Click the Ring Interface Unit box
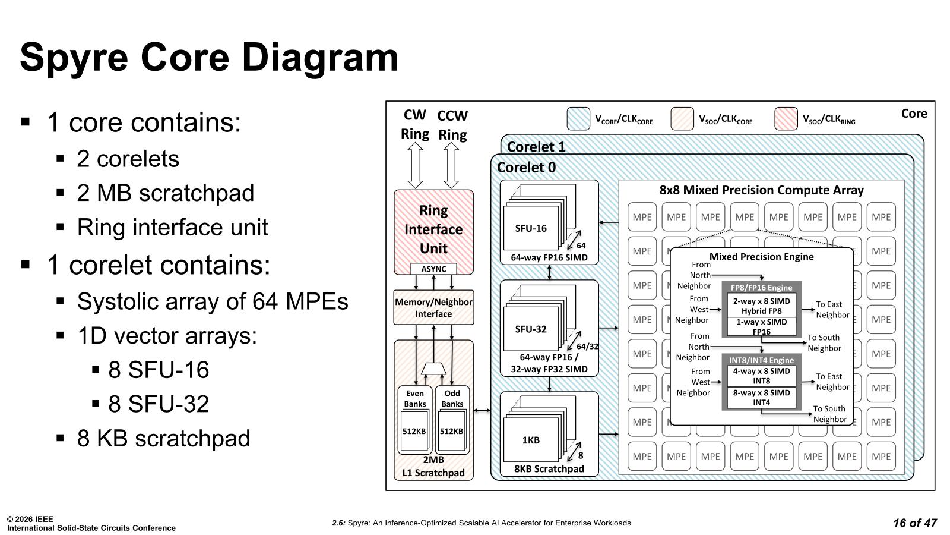click(433, 229)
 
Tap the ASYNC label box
click(433, 269)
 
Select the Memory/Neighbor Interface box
click(433, 308)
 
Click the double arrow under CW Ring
click(415, 165)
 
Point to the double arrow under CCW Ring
click(451, 165)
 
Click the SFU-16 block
click(531, 228)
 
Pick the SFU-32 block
click(531, 329)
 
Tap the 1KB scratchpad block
click(531, 440)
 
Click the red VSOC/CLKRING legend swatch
click(786, 119)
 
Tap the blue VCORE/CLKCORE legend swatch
click(578, 119)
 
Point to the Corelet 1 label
click(536, 146)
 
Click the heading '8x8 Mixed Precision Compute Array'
click(761, 190)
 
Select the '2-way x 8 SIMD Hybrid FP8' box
click(761, 306)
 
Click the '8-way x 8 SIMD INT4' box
click(761, 398)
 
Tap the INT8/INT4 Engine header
click(761, 360)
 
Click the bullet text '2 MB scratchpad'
click(165, 193)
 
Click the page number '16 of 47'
click(914, 523)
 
